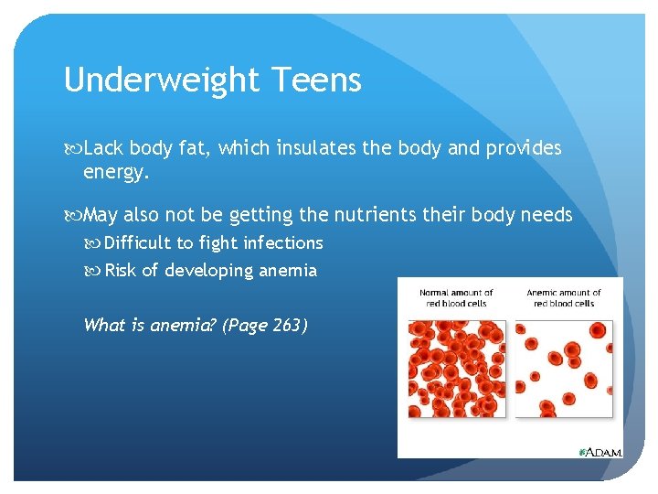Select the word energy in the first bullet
click(114, 172)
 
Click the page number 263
click(287, 325)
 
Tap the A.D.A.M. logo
click(600, 452)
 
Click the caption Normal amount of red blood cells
click(456, 298)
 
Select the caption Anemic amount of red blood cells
click(564, 298)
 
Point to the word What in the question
click(101, 325)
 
